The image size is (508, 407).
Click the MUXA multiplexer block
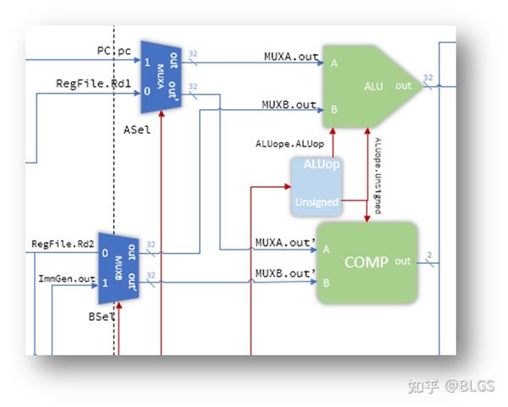tap(163, 74)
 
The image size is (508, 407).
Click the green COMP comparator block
tap(367, 262)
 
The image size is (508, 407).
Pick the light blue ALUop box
tap(315, 183)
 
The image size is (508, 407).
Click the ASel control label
tap(136, 129)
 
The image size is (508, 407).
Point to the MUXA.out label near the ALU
tap(291, 58)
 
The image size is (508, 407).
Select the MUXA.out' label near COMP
tap(285, 242)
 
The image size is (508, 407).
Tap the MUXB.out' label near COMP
tap(285, 272)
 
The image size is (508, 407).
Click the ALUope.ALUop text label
tap(289, 143)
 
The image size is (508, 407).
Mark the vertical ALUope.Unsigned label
tap(378, 174)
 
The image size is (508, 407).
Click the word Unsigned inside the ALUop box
tap(316, 202)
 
